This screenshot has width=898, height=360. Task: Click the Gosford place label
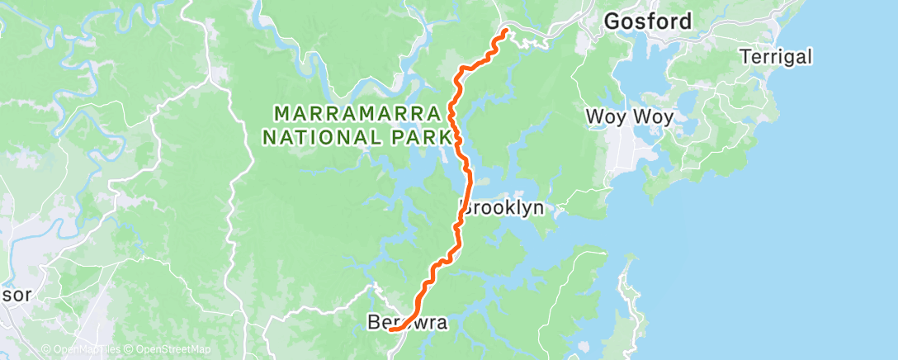[648, 22]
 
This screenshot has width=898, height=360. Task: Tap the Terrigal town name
[776, 57]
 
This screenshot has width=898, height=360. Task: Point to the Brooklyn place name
[503, 207]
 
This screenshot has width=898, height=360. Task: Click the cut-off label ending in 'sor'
[16, 295]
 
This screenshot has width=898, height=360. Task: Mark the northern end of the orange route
[504, 32]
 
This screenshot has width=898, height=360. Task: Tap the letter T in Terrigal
[746, 57]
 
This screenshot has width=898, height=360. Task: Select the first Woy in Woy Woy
[603, 116]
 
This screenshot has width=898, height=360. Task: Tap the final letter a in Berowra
[441, 324]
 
